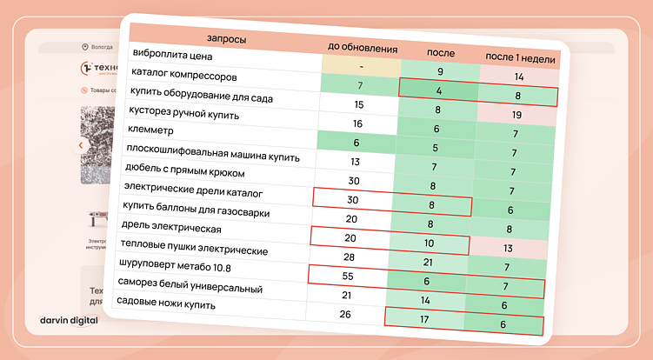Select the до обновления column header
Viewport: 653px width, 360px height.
pos(363,48)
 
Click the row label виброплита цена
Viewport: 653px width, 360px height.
pos(172,54)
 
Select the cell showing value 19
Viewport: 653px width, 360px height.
pos(516,114)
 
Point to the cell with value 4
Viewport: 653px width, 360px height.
pos(440,90)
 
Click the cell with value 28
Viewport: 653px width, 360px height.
pos(349,257)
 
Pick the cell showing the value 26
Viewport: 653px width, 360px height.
pos(345,314)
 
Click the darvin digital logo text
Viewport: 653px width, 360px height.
pos(69,320)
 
